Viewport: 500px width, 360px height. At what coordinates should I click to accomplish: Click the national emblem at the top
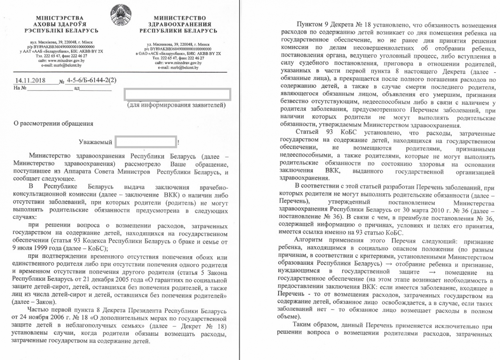click(x=119, y=12)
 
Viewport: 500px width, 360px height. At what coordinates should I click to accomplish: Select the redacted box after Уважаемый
click(x=146, y=142)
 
